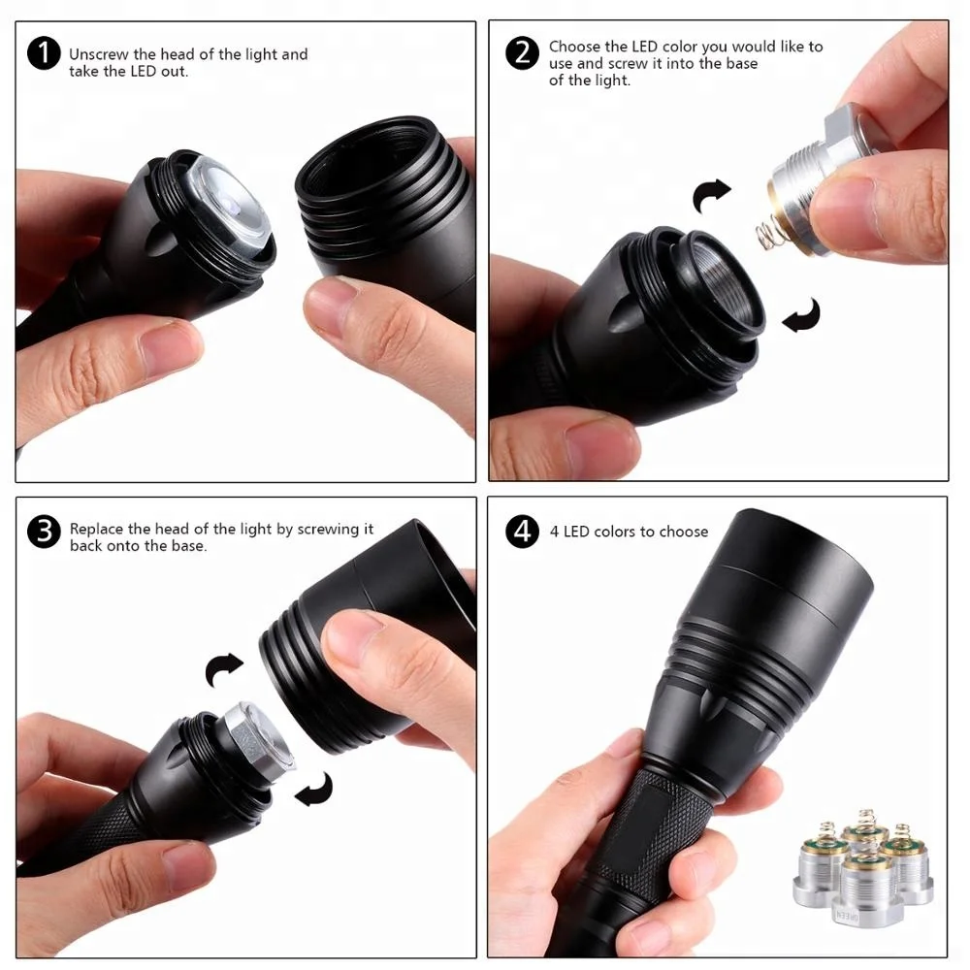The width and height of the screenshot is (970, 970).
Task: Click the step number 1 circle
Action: click(44, 53)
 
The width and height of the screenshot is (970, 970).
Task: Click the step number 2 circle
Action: click(522, 52)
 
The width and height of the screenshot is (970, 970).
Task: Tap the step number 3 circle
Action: click(44, 532)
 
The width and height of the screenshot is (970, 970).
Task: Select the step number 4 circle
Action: click(522, 532)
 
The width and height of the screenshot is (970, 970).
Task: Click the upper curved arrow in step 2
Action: click(710, 195)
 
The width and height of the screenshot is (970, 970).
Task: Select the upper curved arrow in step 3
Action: click(223, 669)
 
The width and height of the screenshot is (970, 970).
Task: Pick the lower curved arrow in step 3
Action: click(315, 791)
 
